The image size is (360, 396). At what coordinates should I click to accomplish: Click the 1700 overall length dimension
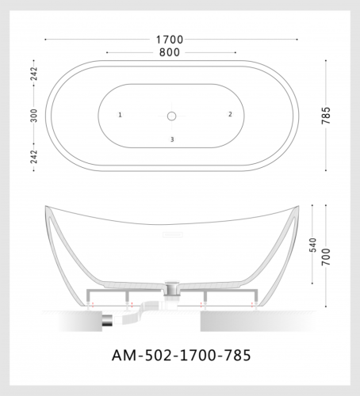(170, 39)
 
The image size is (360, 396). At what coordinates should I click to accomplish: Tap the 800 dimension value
(170, 52)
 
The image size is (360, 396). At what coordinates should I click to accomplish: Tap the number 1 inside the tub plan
(120, 115)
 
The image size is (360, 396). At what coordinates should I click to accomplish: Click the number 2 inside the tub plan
(230, 114)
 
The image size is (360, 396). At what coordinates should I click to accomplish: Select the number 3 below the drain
(171, 139)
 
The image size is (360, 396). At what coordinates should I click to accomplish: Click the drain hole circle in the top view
(171, 116)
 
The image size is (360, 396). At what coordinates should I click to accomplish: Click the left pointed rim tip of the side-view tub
(46, 208)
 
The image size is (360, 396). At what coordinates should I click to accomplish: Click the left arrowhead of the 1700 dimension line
(45, 39)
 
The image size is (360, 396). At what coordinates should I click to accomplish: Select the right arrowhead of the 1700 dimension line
(297, 39)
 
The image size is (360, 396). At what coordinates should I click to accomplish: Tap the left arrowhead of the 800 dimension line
(106, 52)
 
